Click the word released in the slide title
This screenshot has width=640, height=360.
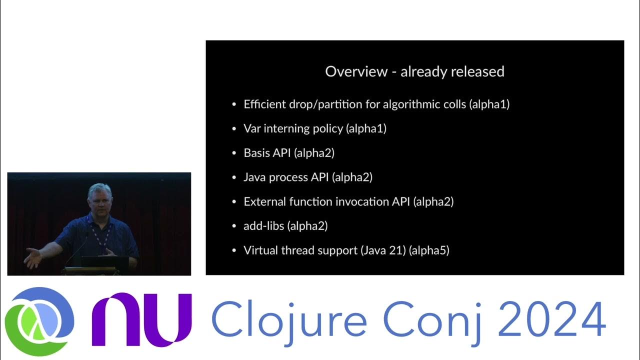click(479, 71)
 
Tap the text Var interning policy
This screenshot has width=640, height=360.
click(293, 128)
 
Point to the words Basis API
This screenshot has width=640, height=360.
click(267, 153)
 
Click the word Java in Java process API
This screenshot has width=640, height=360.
click(254, 177)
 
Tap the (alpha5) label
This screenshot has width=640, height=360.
click(429, 250)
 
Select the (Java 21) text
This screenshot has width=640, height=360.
click(382, 250)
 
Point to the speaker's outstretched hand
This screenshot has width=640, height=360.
click(33, 258)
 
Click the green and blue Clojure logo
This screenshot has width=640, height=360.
click(39, 320)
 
